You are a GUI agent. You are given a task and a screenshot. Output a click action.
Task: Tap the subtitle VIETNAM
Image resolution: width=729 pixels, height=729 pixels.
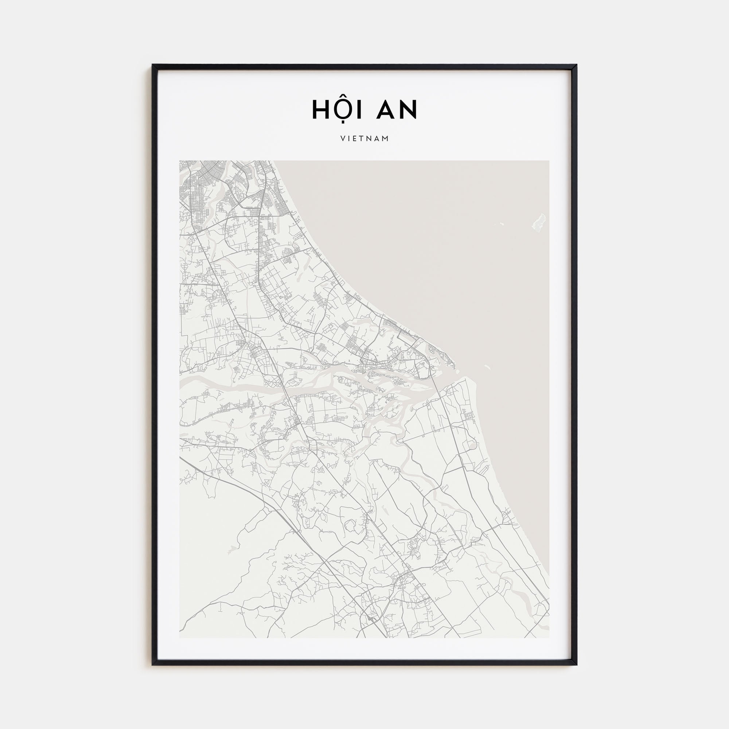364,139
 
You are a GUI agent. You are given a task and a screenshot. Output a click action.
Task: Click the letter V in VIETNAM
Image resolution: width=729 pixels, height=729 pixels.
343,139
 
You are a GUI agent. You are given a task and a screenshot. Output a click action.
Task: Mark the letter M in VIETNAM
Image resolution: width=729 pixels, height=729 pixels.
386,139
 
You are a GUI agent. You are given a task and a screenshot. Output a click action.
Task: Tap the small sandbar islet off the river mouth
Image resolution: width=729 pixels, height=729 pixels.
487,366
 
